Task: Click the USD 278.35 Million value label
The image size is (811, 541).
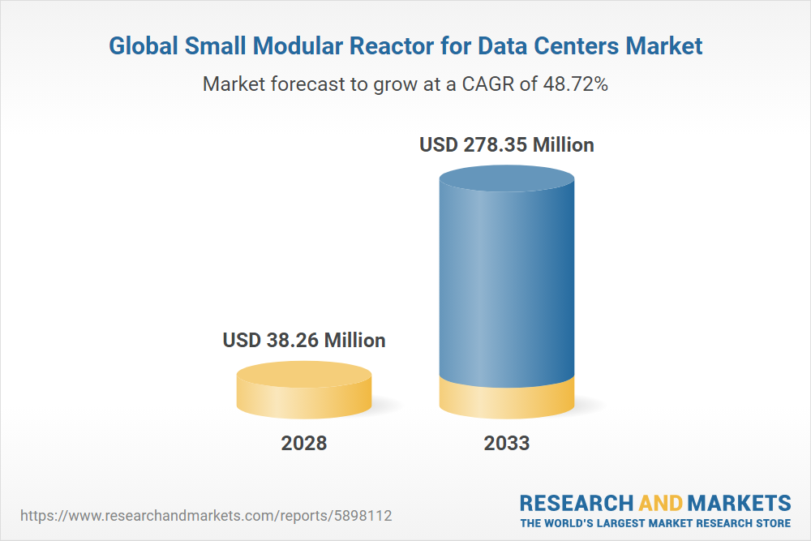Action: coord(507,145)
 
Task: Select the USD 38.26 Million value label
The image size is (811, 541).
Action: coord(304,340)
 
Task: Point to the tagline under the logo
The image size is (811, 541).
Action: coord(655,523)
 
